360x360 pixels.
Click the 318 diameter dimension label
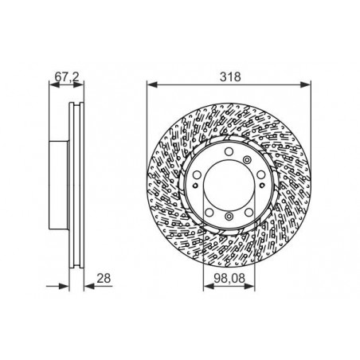pos(230,76)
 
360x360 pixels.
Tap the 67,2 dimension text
pos(67,76)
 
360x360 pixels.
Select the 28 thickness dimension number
pos(104,278)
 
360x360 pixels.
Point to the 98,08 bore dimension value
pos(229,278)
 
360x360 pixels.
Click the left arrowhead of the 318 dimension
pos(152,84)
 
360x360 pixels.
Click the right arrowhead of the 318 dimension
pos(305,84)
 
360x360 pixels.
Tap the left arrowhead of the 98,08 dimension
pos(209,286)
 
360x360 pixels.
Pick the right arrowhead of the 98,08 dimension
pos(249,286)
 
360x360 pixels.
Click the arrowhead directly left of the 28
pos(89,286)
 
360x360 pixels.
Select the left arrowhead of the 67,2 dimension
pos(54,84)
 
